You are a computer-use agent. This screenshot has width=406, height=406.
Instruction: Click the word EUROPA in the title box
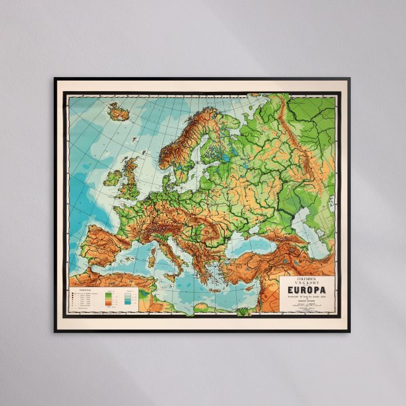click(x=307, y=290)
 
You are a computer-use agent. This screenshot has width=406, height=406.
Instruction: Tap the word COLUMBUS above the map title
click(x=307, y=279)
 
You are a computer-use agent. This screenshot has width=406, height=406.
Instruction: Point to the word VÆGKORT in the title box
click(x=307, y=283)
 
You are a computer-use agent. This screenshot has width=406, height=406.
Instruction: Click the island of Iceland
click(x=118, y=113)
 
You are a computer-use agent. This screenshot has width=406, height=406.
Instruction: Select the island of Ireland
click(x=112, y=176)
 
